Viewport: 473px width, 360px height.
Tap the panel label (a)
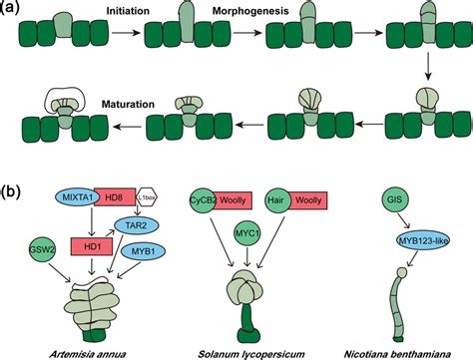[12, 9]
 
